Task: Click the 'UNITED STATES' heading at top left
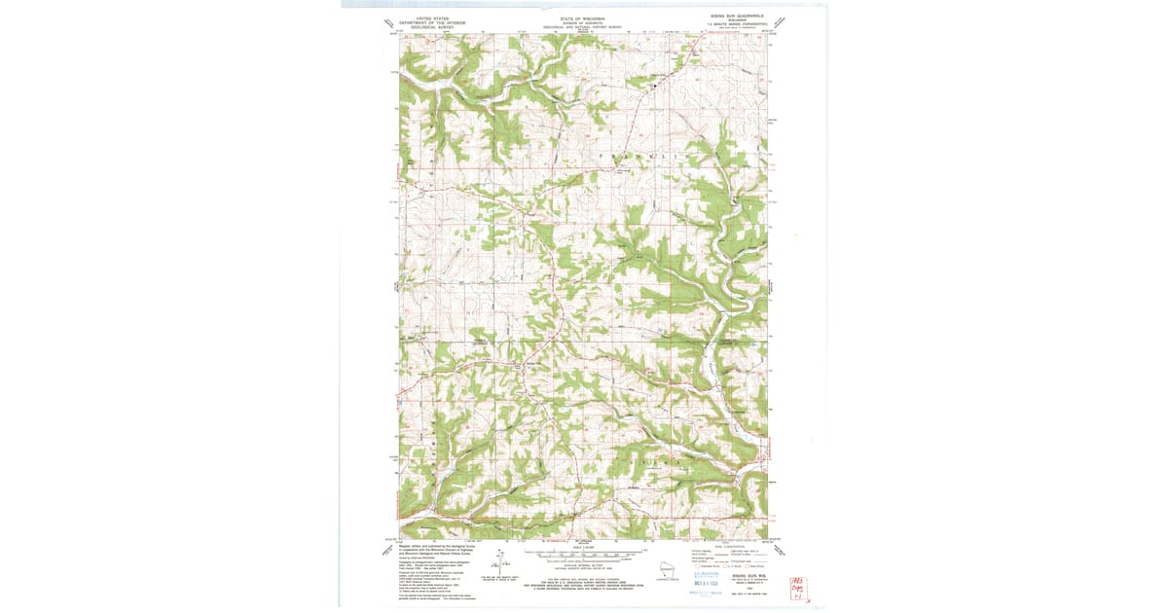(432, 18)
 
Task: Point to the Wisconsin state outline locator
(667, 569)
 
